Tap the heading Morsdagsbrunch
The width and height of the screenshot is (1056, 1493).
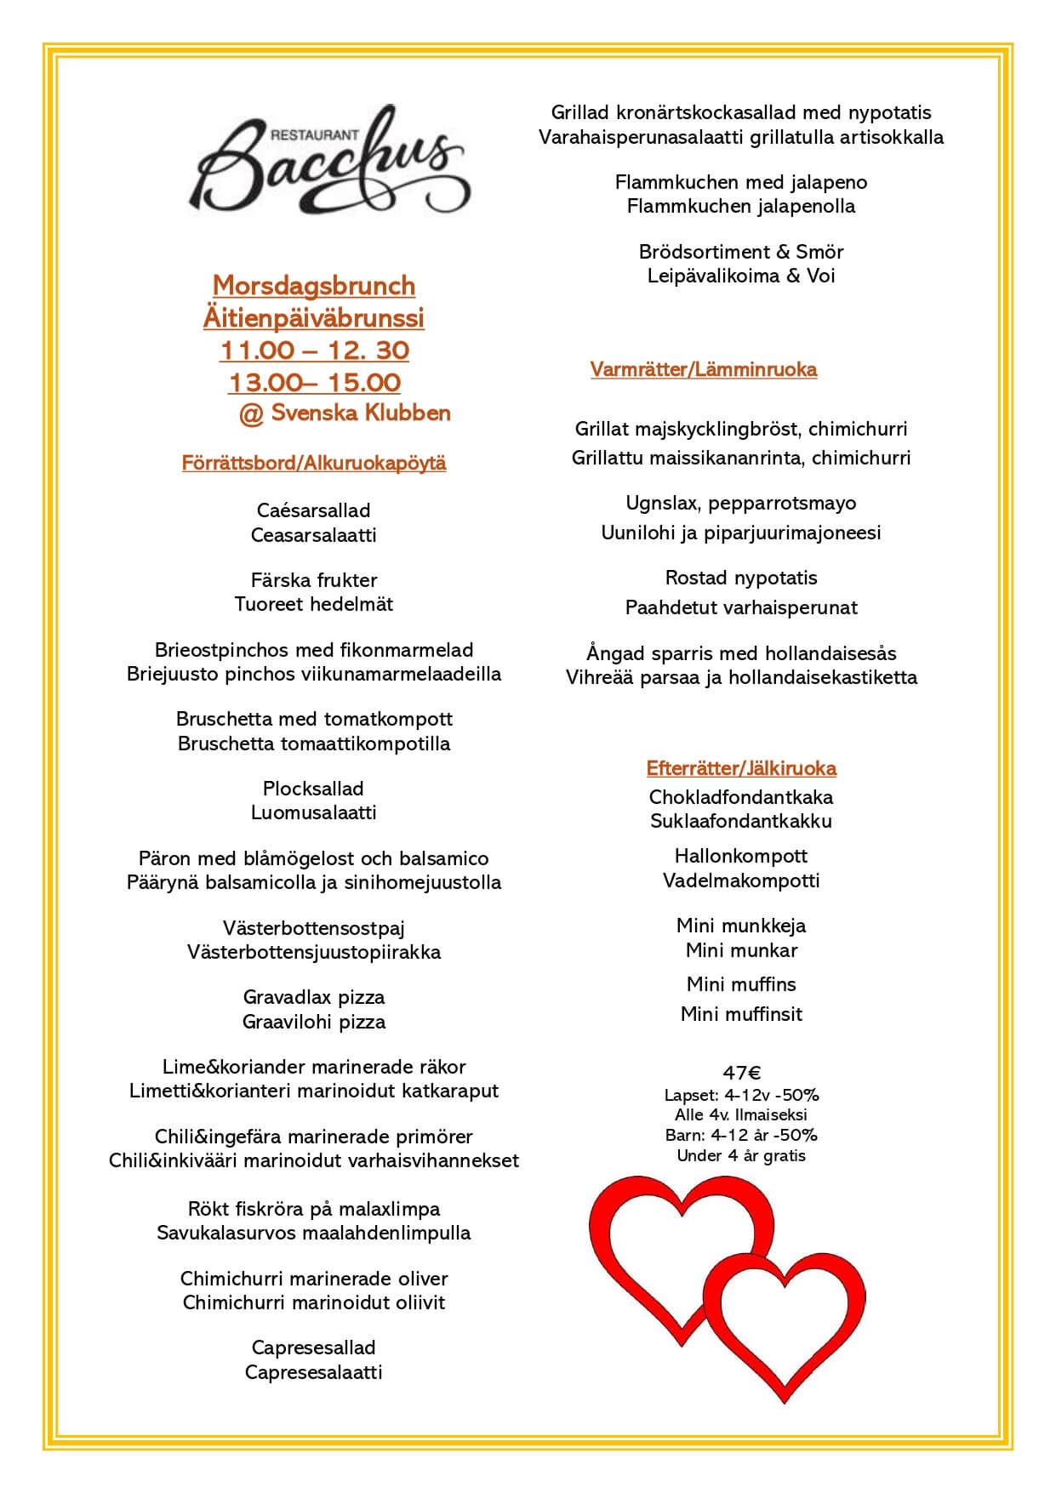coord(314,285)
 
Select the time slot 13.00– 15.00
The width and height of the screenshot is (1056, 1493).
coord(314,383)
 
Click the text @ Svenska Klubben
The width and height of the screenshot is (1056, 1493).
coord(344,413)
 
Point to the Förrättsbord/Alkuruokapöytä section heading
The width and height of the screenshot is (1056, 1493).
coord(314,463)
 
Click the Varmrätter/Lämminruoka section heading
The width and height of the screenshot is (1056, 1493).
coord(704,369)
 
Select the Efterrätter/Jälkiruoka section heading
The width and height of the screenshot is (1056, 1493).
coord(741,768)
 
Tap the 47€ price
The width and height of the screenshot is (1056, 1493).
coord(741,1073)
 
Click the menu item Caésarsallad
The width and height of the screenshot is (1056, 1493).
coord(314,510)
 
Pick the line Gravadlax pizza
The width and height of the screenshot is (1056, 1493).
coord(314,997)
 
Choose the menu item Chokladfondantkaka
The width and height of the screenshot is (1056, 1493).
coord(741,797)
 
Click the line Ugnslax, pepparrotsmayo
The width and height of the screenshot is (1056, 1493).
coord(741,503)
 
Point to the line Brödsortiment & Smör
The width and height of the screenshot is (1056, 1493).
coord(741,252)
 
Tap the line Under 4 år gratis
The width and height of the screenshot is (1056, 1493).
coord(741,1155)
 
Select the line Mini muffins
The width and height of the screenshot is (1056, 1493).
coord(741,984)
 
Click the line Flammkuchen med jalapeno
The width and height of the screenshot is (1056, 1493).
coord(741,182)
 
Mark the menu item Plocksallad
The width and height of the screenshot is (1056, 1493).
coord(314,789)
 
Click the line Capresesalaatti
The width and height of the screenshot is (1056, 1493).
coord(314,1372)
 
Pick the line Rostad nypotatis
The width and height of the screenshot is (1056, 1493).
coord(741,578)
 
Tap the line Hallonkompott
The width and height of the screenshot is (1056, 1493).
coord(741,856)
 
